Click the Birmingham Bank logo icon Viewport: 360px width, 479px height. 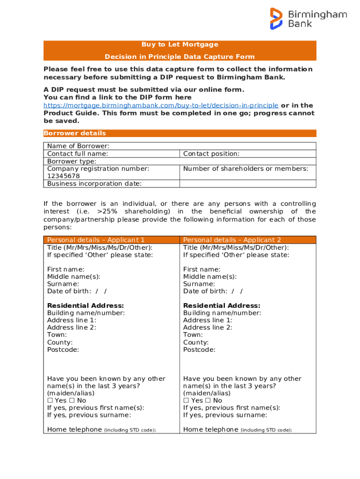tap(276, 19)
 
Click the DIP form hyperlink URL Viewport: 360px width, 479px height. tap(161, 105)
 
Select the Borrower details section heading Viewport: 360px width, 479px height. tap(75, 133)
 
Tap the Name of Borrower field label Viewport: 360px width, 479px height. tap(79, 146)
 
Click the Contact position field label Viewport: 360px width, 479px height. tap(211, 154)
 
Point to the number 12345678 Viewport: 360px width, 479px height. tap(64, 176)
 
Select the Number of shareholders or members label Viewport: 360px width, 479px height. tap(246, 169)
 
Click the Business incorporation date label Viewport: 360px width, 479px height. tap(94, 184)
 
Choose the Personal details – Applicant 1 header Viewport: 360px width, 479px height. tap(96, 240)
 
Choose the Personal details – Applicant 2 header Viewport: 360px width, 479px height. tap(232, 240)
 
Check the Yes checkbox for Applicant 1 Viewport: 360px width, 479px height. tap(50, 400)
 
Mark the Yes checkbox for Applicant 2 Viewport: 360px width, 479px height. tap(186, 400)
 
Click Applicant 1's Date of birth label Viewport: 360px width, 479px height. tap(69, 291)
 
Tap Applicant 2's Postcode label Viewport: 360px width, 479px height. tap(199, 350)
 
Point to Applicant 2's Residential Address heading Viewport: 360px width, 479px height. tap(222, 306)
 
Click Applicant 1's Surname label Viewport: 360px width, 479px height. tap(63, 284)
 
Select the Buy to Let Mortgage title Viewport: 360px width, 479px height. tap(180, 45)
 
